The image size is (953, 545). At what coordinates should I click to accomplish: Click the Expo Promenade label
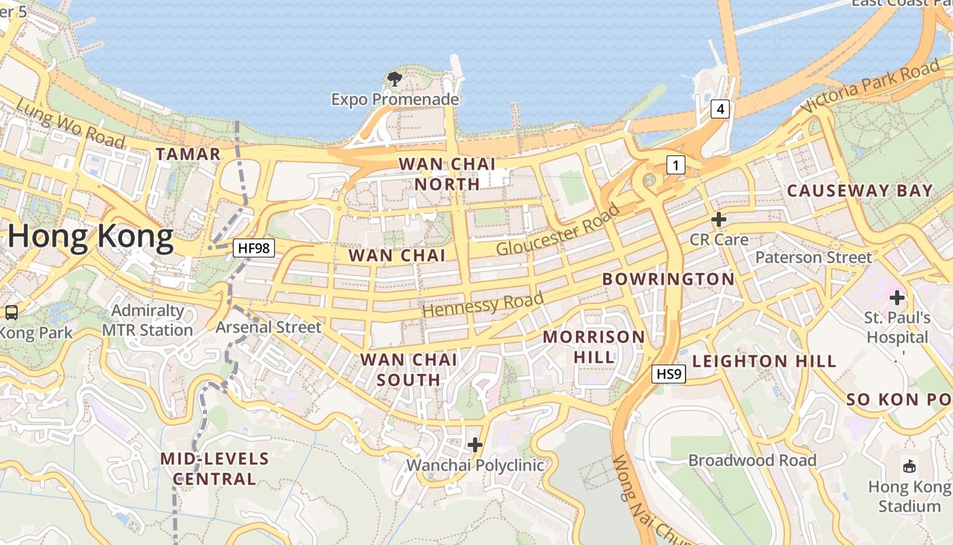tap(395, 99)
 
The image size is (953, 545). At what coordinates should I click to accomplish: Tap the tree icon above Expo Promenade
tap(395, 79)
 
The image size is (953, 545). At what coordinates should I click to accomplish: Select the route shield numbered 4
tap(721, 108)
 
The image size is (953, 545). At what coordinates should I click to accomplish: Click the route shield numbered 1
tap(675, 164)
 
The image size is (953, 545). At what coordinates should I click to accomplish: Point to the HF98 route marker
tap(254, 248)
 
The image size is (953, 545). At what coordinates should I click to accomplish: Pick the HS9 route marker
tap(668, 373)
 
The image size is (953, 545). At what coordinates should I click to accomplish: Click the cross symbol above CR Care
tap(719, 219)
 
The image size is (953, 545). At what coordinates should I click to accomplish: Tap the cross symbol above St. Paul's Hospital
tap(897, 297)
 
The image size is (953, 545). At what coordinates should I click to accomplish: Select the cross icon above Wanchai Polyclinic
tap(475, 445)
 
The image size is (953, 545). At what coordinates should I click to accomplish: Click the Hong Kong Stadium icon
tap(909, 467)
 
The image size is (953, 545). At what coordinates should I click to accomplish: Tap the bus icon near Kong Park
tap(12, 313)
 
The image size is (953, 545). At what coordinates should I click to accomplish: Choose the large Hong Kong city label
tap(91, 237)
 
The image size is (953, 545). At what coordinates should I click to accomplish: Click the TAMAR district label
tap(188, 154)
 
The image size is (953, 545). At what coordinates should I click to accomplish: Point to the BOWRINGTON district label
tap(668, 279)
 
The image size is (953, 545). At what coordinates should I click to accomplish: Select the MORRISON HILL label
tap(594, 347)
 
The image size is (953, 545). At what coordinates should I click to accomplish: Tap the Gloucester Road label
tap(558, 230)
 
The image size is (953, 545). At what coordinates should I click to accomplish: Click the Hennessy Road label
tap(483, 303)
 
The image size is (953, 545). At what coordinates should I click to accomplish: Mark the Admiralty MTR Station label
tap(148, 320)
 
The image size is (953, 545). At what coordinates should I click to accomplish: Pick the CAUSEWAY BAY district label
tap(860, 191)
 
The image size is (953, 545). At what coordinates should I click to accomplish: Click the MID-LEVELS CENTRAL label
tap(214, 469)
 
